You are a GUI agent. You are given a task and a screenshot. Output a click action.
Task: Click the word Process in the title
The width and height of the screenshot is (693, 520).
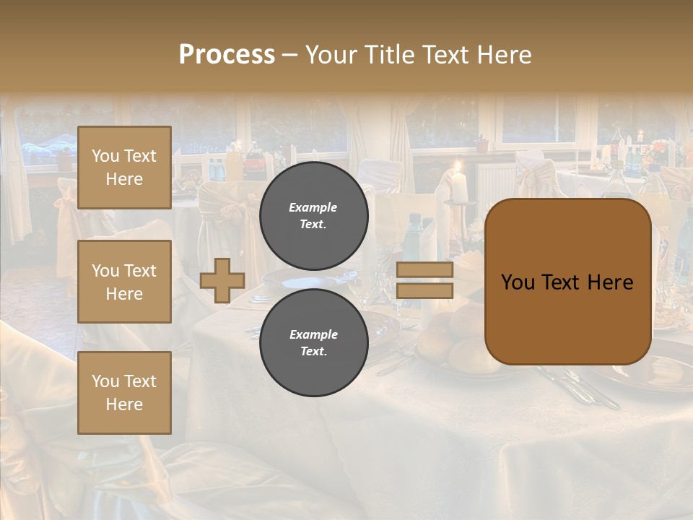coord(227,55)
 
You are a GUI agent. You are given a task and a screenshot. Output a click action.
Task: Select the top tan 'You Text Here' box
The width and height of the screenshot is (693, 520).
coord(124,168)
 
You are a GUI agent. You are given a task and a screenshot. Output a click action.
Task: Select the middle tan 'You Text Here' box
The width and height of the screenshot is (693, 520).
coord(124,282)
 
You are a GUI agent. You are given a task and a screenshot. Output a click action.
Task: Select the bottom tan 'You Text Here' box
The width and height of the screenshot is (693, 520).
coord(124,392)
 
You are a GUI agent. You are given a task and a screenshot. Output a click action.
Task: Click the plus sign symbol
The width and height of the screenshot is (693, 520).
coord(222,280)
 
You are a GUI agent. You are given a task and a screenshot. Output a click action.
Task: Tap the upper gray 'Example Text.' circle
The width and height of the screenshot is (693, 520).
coord(313,215)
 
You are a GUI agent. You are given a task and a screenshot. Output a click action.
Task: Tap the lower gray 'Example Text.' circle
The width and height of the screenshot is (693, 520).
coord(313,342)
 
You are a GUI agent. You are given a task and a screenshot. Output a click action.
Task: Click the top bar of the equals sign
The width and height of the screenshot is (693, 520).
coord(424,270)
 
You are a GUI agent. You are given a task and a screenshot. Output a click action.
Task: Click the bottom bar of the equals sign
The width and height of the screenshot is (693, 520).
coord(424,290)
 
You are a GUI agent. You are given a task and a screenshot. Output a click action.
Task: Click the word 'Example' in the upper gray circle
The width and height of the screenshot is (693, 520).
coord(313,207)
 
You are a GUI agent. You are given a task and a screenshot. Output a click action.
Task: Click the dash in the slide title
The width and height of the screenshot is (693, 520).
coord(290,55)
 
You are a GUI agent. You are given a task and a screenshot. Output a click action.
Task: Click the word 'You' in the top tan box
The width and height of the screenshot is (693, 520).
coord(105,156)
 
